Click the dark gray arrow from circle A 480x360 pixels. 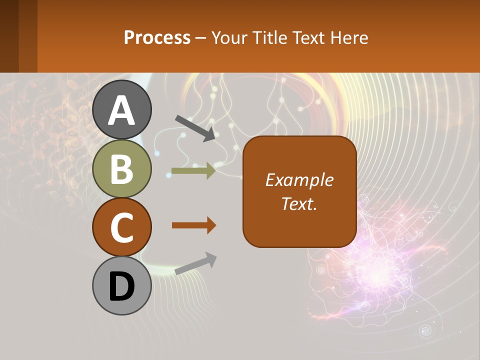point(195,128)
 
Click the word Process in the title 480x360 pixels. point(157,38)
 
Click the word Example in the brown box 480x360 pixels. point(299,180)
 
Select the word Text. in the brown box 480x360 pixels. point(299,203)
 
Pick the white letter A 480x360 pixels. point(122,110)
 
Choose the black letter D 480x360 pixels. point(122,287)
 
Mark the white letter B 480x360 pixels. point(122,169)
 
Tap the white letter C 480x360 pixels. point(122,227)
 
